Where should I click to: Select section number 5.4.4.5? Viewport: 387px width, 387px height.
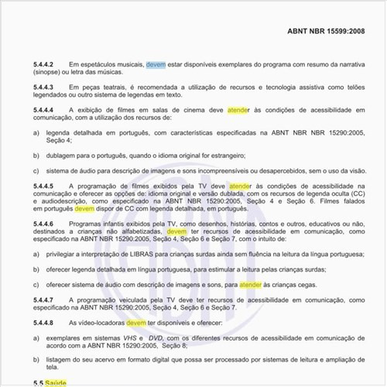(x=46, y=187)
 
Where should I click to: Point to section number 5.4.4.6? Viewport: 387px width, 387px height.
(x=46, y=223)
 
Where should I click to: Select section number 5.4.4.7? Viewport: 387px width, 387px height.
(x=46, y=298)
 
